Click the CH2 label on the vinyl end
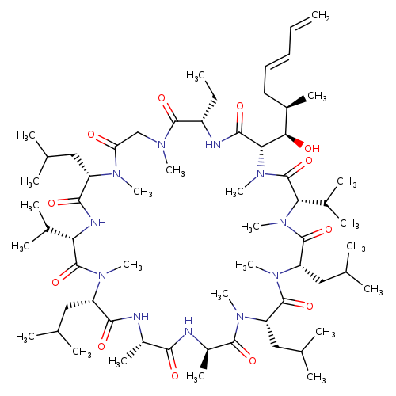(321, 16)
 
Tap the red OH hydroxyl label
(312, 148)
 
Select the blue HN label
(213, 145)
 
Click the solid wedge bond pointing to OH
(294, 139)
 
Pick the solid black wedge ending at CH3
(296, 102)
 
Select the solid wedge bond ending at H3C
(204, 359)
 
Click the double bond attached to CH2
(300, 23)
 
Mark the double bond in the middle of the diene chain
(277, 60)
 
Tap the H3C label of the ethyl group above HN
(196, 76)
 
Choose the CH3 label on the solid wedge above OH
(317, 96)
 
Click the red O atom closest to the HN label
(240, 107)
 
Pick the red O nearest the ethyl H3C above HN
(162, 98)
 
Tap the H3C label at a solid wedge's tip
(196, 375)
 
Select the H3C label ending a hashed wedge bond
(118, 361)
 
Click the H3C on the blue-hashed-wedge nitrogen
(234, 192)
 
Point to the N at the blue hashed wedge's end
(261, 174)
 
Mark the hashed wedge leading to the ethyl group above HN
(209, 110)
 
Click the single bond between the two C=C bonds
(290, 40)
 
